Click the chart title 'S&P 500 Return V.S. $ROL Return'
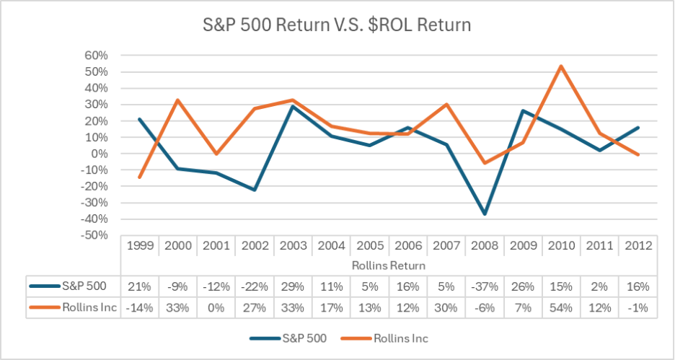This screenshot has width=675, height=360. (337, 26)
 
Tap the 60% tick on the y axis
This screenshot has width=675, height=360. (97, 56)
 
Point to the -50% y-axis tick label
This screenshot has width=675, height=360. (94, 235)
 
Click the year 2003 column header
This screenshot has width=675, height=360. (293, 245)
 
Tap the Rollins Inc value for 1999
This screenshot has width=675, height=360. (140, 307)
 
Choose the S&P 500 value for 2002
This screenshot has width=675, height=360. (255, 286)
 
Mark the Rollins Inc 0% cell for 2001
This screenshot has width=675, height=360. (216, 307)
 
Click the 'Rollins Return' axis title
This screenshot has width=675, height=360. (389, 265)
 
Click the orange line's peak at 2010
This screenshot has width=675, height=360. (561, 66)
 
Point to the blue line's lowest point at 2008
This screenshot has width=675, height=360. (485, 214)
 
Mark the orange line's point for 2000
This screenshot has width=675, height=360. (178, 100)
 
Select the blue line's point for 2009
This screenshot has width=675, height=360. (523, 111)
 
